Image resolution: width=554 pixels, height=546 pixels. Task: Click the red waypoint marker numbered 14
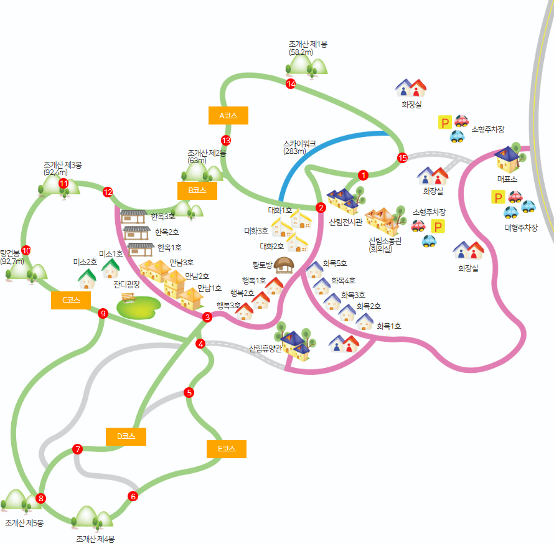click(x=290, y=84)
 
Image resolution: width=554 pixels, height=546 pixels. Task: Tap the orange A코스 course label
click(x=228, y=116)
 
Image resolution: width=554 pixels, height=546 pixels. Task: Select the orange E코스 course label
click(x=227, y=449)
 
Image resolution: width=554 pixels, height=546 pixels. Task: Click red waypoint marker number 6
click(x=133, y=496)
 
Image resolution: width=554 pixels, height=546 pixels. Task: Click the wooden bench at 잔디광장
click(x=129, y=297)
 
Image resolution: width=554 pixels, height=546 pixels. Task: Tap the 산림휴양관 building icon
click(x=295, y=345)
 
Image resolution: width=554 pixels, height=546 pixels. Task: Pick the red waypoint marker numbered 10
click(x=26, y=250)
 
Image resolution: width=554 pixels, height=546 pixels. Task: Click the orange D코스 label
click(x=126, y=436)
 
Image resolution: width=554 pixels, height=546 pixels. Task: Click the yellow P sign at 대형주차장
click(x=498, y=198)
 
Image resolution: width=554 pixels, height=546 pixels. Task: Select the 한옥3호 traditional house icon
click(x=133, y=217)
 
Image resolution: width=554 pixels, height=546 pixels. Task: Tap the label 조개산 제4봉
click(x=95, y=539)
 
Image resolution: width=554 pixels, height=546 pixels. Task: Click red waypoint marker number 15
click(x=402, y=158)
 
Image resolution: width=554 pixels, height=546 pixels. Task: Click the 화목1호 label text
click(x=388, y=326)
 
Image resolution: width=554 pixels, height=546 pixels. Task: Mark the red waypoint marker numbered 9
click(x=103, y=314)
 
